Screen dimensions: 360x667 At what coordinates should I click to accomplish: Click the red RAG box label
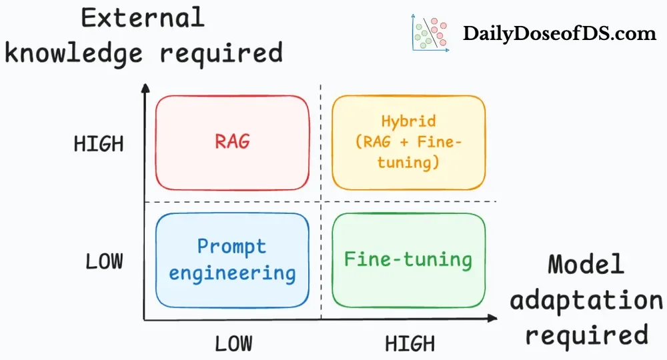[x=232, y=141]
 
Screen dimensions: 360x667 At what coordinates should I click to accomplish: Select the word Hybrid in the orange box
[x=408, y=121]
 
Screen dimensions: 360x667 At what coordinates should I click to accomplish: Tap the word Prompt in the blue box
[x=231, y=246]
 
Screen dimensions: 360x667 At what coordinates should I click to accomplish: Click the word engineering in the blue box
[x=232, y=272]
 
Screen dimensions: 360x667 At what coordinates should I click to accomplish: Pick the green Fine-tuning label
[x=408, y=259]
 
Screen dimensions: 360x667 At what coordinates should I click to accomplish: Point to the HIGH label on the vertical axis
[x=99, y=145]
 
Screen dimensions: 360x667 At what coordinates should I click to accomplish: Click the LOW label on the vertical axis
[x=104, y=261]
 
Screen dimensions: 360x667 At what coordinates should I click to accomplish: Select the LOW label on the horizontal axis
[x=233, y=343]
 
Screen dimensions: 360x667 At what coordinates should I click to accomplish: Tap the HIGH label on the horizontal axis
[x=410, y=343]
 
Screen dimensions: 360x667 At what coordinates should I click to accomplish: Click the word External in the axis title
[x=143, y=18]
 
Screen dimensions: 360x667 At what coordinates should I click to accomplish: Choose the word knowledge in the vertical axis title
[x=73, y=52]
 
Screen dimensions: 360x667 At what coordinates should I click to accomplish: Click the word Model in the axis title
[x=586, y=265]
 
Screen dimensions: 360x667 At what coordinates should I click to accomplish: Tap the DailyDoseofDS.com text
[x=560, y=33]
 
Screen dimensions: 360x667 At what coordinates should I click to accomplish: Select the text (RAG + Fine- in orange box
[x=408, y=141]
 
